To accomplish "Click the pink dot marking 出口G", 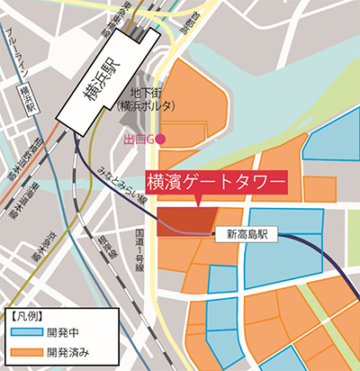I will coord(162,137).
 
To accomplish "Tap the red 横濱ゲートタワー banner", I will coord(215,183).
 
